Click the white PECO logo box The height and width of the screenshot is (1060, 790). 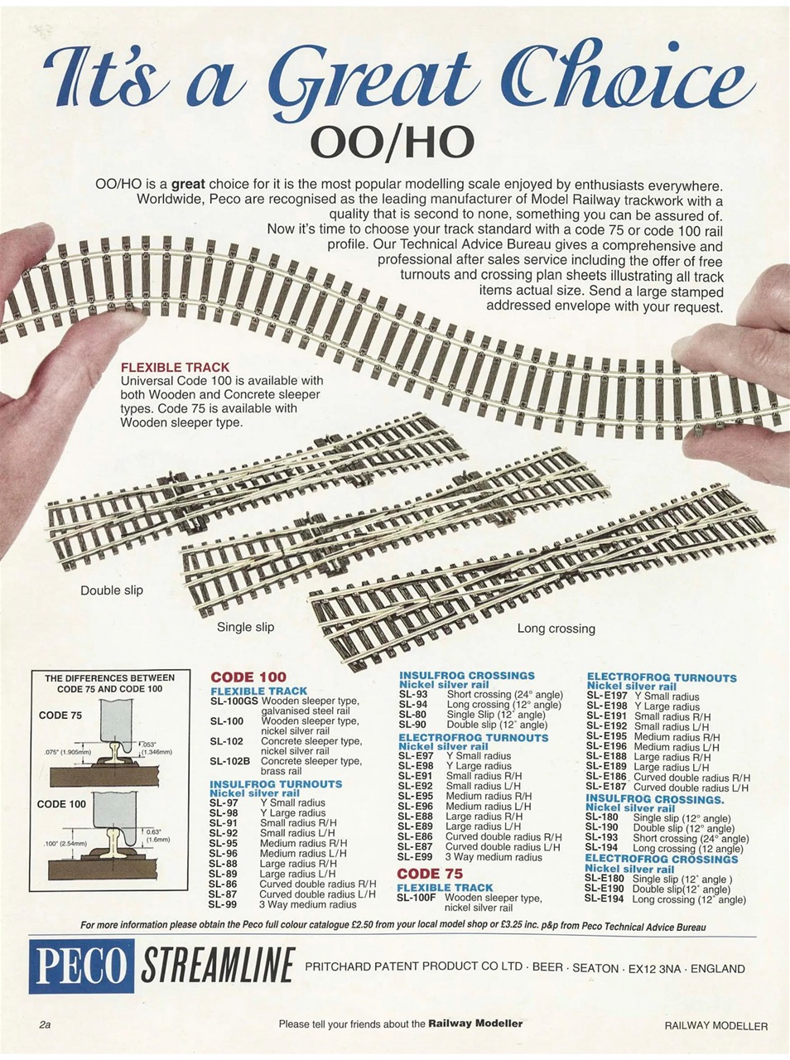point(81,966)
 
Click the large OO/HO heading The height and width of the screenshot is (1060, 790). point(393,142)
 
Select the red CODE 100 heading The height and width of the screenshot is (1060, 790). point(248,677)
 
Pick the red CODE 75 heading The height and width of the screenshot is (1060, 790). point(430,874)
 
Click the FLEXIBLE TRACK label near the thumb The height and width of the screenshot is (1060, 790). point(175,367)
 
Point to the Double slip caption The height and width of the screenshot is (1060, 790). point(111,590)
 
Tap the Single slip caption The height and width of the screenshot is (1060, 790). point(245,627)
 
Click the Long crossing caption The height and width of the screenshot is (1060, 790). point(556,629)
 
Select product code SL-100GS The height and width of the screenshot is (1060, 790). point(234,701)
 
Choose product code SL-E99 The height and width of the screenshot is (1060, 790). point(416,856)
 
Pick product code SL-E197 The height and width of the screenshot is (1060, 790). point(607,696)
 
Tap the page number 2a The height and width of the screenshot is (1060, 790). point(46,1024)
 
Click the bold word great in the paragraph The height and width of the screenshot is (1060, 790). point(188,184)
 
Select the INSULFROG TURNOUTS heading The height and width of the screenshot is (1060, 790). point(276,783)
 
